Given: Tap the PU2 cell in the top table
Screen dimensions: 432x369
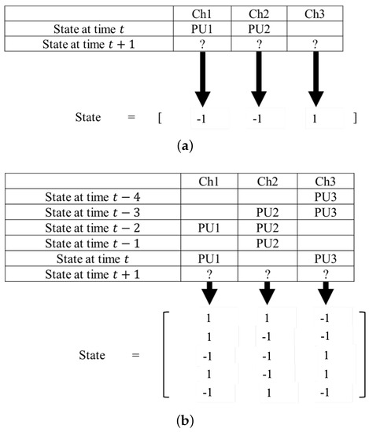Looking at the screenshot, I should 262,29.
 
